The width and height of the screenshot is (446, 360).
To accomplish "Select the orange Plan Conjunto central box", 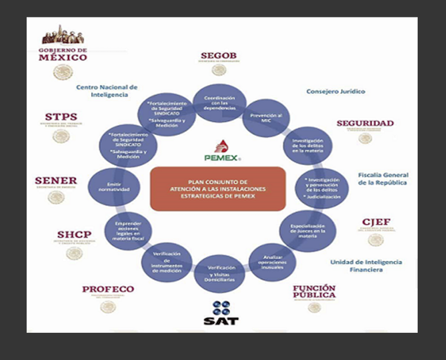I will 218,188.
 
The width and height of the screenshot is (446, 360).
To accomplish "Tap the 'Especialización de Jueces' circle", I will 308,232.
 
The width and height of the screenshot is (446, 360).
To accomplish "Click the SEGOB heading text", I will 218,55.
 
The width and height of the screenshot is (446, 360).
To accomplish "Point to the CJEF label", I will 376,222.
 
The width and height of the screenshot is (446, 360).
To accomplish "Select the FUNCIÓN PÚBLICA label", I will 314,291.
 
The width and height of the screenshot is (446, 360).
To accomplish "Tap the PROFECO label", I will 108,289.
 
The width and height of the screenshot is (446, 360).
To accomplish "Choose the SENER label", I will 56,181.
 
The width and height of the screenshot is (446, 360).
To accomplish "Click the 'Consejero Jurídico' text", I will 336,91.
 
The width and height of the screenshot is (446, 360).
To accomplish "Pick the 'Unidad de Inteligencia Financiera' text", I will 366,265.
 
